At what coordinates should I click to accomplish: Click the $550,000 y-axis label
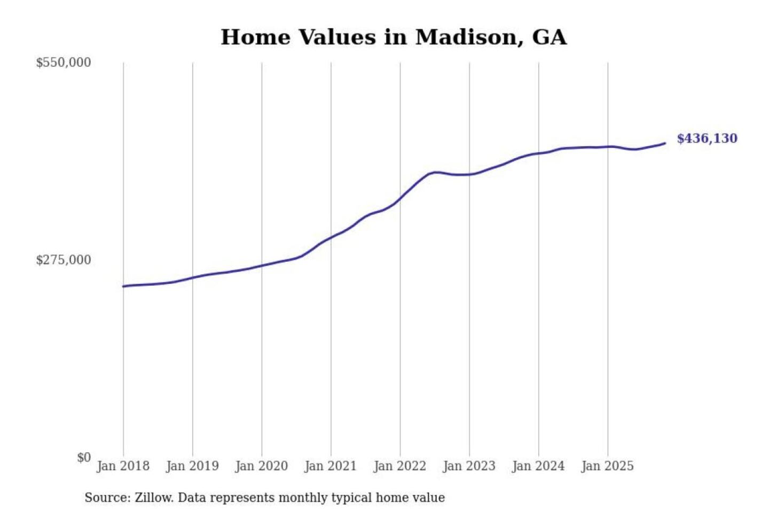(x=64, y=63)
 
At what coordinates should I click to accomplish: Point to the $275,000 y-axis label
(x=64, y=260)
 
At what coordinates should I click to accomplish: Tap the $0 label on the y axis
(x=84, y=457)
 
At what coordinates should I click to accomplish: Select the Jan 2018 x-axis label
(x=123, y=466)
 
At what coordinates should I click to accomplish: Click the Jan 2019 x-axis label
(x=192, y=466)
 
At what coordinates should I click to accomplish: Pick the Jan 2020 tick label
(x=262, y=466)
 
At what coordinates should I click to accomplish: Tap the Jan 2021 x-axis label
(x=331, y=466)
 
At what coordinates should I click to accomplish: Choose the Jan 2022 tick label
(x=400, y=466)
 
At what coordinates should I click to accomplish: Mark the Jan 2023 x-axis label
(x=469, y=466)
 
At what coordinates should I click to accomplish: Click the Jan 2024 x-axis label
(x=538, y=466)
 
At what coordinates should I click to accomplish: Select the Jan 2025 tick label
(x=608, y=466)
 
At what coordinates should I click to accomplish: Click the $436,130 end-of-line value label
(x=707, y=138)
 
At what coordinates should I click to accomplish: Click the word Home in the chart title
(x=255, y=37)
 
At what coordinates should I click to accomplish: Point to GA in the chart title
(x=550, y=37)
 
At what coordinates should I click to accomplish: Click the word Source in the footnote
(x=107, y=498)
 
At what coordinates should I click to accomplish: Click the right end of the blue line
(x=665, y=143)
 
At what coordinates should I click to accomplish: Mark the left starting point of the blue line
(x=123, y=286)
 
